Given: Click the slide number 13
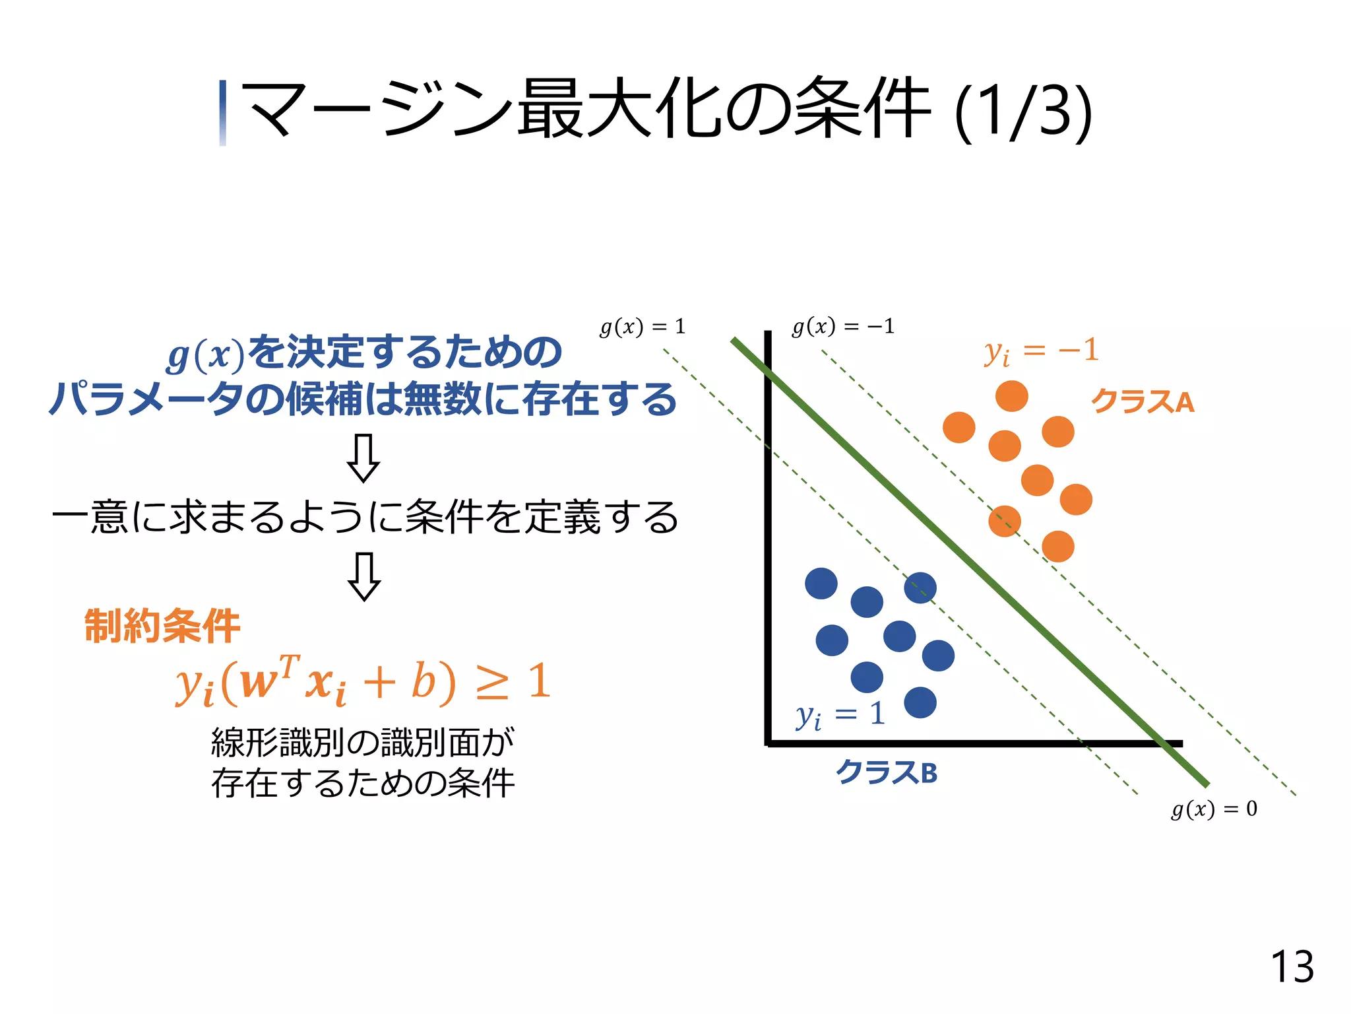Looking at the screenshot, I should click(x=1292, y=968).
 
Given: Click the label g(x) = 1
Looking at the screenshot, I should click(x=643, y=327).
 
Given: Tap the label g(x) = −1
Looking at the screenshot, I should click(x=842, y=326).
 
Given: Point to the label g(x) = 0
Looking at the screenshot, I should click(x=1214, y=809).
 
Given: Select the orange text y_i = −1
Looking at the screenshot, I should click(x=1041, y=351).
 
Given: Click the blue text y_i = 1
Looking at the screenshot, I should click(x=840, y=715).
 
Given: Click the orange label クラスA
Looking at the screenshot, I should click(x=1143, y=401).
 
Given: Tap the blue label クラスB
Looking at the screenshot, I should click(x=886, y=772).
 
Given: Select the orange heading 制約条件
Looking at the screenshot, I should click(x=162, y=625).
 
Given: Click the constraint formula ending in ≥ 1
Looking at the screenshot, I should click(x=363, y=681).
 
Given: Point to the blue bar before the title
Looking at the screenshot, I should click(x=223, y=112).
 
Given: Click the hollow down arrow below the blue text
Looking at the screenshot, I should click(x=363, y=457).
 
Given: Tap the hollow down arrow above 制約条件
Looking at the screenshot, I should click(x=363, y=576).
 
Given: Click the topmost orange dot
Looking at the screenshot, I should click(x=1011, y=396).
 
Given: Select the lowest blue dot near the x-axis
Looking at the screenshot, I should click(x=920, y=702).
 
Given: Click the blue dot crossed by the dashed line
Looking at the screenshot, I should click(x=920, y=588).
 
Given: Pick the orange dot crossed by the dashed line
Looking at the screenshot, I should click(x=1005, y=521).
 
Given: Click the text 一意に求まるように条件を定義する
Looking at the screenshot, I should click(x=365, y=517).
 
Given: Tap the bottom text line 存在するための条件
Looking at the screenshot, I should click(x=363, y=784).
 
